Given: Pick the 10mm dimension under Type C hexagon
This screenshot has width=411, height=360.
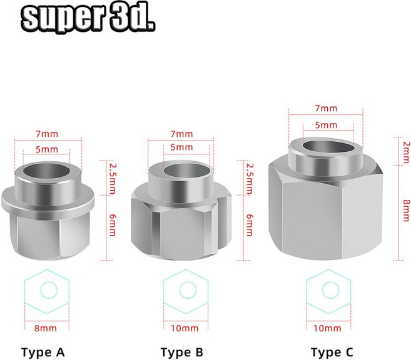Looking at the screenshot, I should pos(328,327).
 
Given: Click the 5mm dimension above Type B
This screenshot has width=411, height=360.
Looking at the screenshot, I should pos(181,147).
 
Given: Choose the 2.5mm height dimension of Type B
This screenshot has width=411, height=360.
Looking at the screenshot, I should pos(250,178).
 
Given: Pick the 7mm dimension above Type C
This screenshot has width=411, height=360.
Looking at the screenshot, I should pos(326,108).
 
